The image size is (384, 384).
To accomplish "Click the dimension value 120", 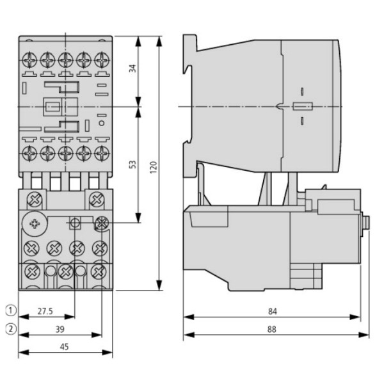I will [x=153, y=167].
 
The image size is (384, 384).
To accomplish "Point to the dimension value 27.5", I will [x=44, y=312].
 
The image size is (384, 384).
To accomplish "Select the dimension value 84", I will [x=273, y=312].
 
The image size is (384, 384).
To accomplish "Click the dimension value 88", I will [x=273, y=329].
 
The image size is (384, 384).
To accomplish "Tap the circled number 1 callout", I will [x=8, y=312].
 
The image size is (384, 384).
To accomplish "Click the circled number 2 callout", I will [x=8, y=330].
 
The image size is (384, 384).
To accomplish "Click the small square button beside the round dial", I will [x=75, y=223].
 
